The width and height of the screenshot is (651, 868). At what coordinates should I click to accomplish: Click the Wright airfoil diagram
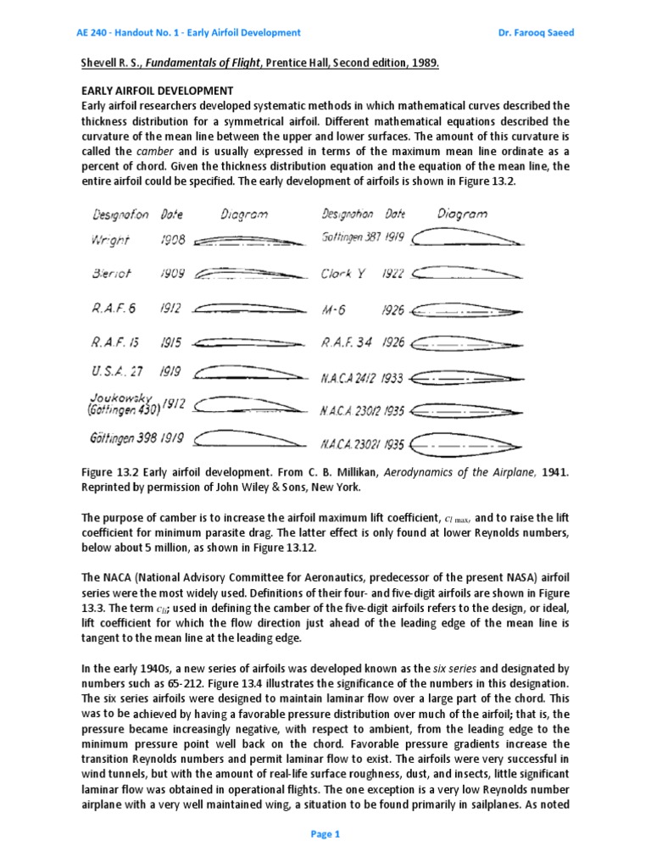click(241, 241)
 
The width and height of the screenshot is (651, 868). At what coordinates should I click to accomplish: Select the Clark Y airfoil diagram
click(466, 275)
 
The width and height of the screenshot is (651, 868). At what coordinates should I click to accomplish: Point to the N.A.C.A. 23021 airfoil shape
click(466, 443)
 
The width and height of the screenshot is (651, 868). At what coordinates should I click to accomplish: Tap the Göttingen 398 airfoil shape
click(241, 438)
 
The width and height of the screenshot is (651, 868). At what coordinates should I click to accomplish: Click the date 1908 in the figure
click(171, 241)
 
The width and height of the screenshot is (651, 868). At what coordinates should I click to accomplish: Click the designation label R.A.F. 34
click(348, 343)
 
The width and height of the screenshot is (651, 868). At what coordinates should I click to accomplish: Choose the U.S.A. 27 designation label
click(115, 372)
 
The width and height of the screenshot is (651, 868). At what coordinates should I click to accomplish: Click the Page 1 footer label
click(325, 834)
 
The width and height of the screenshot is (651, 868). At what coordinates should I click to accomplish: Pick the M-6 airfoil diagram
click(466, 311)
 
